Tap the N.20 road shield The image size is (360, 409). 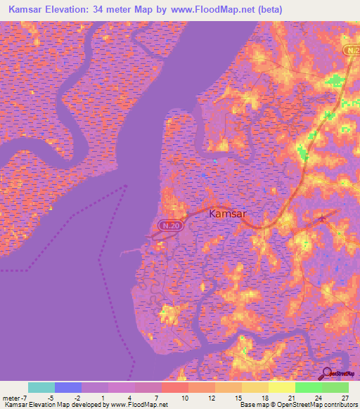tap(164, 226)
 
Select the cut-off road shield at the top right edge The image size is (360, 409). tap(353, 52)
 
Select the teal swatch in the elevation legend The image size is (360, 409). tap(41, 387)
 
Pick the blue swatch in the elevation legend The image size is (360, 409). tap(68, 387)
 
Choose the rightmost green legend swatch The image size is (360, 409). tap(335, 387)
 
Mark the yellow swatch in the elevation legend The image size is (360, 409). tap(282, 387)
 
